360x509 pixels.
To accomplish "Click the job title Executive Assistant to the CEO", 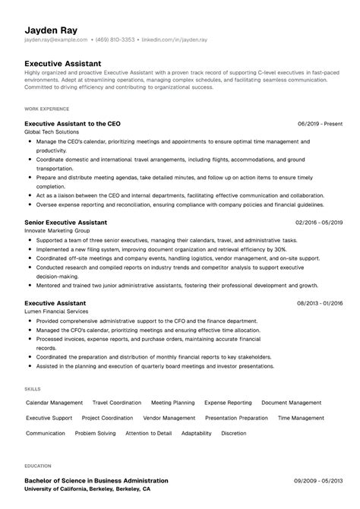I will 72,123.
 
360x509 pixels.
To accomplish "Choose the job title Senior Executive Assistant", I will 65,222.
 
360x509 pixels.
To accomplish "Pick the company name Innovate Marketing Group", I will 58,231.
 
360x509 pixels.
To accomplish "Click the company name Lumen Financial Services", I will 58,312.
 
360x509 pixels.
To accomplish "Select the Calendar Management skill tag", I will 55,403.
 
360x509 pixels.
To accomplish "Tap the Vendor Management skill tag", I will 169,418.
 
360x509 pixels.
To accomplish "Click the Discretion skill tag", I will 234,433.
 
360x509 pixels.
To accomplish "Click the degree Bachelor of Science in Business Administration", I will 96,481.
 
